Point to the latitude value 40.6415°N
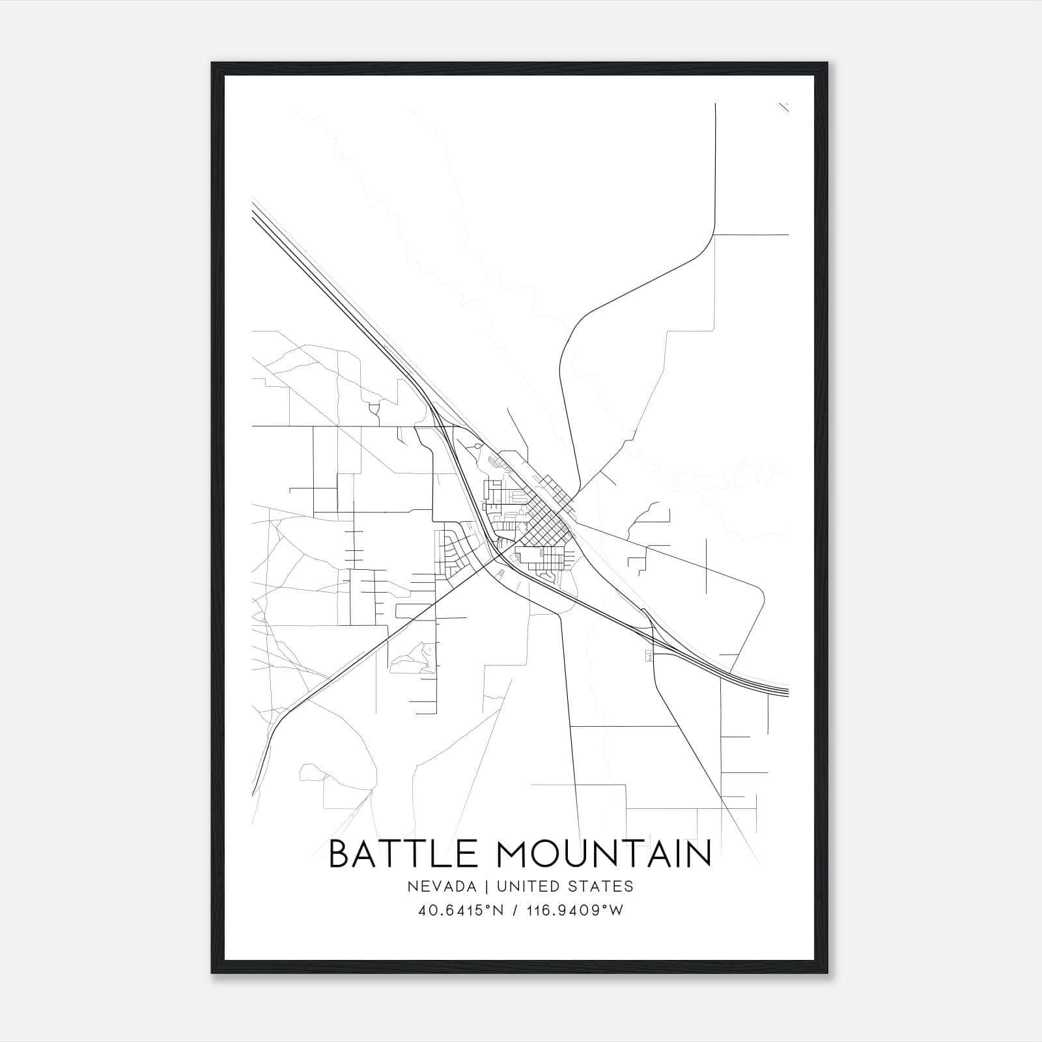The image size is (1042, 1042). (460, 910)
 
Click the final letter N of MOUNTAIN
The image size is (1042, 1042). (699, 854)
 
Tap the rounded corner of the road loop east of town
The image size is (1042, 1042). (759, 589)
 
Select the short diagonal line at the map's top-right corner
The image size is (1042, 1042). (783, 107)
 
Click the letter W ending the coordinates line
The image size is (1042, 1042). (617, 910)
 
